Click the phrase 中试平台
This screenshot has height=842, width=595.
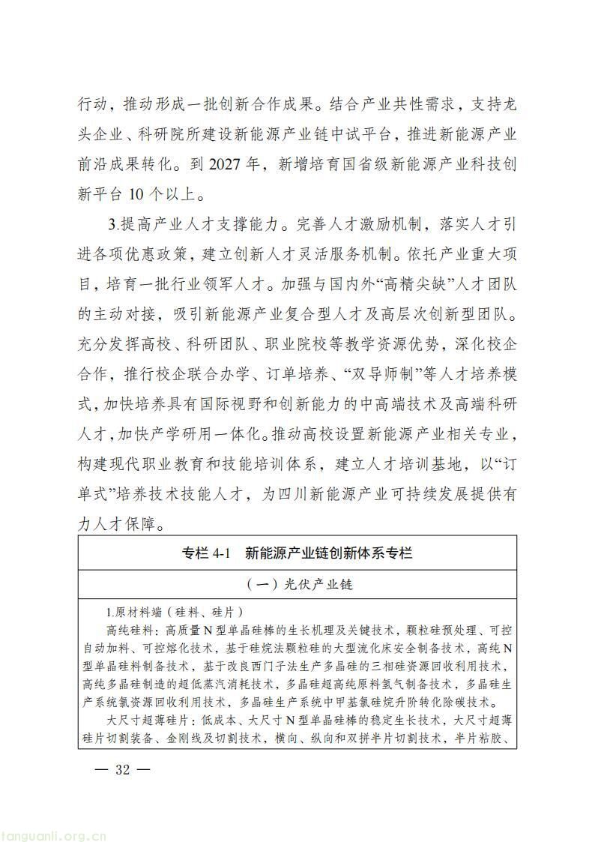pyautogui.click(x=354, y=133)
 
